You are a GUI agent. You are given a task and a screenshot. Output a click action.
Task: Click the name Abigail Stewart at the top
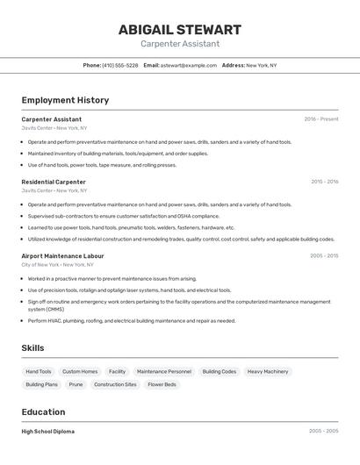click(x=179, y=29)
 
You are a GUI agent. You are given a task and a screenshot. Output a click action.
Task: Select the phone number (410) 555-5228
click(x=119, y=65)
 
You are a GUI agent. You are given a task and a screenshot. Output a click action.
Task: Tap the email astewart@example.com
click(x=188, y=65)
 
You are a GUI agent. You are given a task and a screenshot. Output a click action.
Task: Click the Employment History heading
click(x=65, y=100)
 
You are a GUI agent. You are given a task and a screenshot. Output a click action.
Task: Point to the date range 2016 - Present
click(x=320, y=119)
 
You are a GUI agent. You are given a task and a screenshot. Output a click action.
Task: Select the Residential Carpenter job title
click(x=54, y=182)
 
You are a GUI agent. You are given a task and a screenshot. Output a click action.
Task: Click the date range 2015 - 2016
click(x=324, y=182)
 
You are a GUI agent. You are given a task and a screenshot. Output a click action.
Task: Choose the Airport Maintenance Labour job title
click(x=62, y=256)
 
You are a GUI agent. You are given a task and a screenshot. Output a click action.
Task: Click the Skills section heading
click(x=32, y=348)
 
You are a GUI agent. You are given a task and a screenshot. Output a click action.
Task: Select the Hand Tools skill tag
click(x=39, y=371)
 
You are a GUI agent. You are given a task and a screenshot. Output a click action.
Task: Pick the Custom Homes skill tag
click(x=80, y=371)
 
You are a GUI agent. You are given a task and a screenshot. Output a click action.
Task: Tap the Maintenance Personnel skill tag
click(x=163, y=371)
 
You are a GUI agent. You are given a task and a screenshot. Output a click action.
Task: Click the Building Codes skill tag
click(x=219, y=371)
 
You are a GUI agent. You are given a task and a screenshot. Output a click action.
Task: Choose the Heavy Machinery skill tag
click(x=267, y=371)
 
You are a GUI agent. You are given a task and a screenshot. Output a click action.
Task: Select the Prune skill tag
click(x=76, y=384)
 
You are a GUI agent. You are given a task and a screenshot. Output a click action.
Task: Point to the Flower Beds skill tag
click(x=162, y=384)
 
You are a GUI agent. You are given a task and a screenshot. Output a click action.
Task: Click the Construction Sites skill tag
click(x=115, y=384)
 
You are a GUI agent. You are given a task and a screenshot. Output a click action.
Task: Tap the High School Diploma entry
click(x=47, y=432)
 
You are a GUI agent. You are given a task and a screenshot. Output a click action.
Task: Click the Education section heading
click(x=43, y=411)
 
